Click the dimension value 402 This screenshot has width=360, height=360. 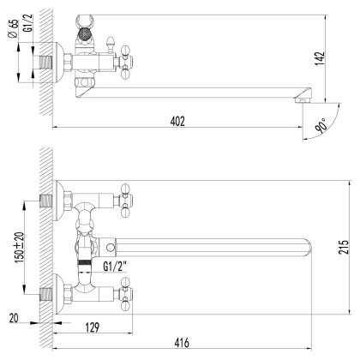click(177, 121)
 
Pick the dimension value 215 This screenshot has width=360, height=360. click(344, 249)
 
